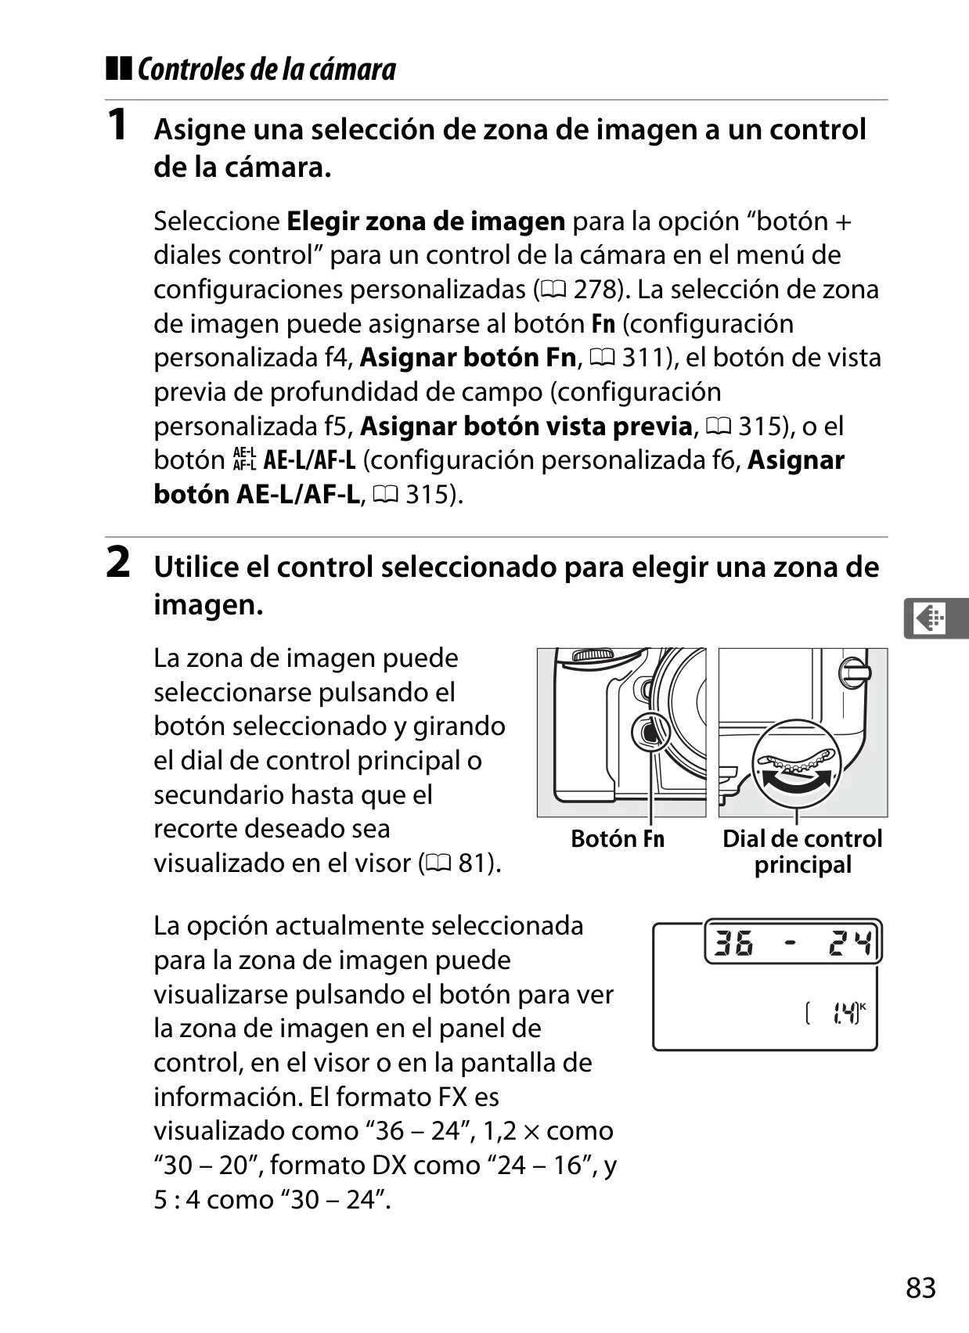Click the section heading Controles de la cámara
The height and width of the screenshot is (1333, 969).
click(x=267, y=70)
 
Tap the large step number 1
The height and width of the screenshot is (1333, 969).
click(x=117, y=124)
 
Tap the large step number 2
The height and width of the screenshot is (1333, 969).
click(x=118, y=562)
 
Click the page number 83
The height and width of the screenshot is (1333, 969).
click(x=920, y=1288)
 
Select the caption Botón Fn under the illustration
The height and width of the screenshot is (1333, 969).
click(x=618, y=838)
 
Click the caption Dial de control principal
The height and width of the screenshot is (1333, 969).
click(x=802, y=852)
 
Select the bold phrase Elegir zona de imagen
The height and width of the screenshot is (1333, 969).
click(x=426, y=222)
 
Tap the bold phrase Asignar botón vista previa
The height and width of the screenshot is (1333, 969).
click(x=526, y=427)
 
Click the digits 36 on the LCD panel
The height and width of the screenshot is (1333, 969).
click(x=733, y=942)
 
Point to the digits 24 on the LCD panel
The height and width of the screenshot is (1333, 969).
click(x=851, y=942)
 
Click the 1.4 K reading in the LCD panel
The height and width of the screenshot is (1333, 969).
click(x=846, y=1013)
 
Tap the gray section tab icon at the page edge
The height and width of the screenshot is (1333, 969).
click(x=935, y=619)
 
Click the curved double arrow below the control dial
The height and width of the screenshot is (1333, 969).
click(x=796, y=779)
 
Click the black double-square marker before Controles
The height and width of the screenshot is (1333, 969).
click(x=118, y=68)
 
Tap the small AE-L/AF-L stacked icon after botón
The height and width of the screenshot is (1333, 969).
click(x=244, y=460)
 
